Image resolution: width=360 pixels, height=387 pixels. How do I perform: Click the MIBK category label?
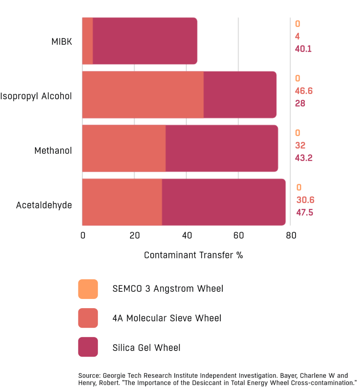(x=62, y=41)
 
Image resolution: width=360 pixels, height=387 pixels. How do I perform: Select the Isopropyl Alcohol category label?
(x=36, y=96)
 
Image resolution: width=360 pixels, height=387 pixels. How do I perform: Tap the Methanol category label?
(x=53, y=151)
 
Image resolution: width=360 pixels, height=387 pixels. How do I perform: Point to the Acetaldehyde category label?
(x=44, y=205)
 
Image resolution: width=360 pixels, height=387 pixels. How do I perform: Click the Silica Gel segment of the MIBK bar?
(x=145, y=41)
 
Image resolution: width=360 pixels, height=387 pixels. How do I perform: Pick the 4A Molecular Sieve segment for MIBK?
(x=87, y=41)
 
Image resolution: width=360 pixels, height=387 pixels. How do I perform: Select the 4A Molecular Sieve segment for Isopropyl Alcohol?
(x=142, y=95)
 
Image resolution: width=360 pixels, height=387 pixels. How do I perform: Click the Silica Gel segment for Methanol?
(x=222, y=148)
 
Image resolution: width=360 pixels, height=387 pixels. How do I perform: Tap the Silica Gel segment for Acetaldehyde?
(x=224, y=202)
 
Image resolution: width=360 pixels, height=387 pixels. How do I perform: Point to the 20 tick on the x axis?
(x=134, y=235)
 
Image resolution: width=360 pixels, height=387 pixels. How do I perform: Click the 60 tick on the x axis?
(x=238, y=235)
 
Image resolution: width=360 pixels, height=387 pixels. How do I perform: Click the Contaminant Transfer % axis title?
(x=193, y=255)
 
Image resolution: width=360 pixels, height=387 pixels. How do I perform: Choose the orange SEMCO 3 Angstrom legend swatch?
(x=88, y=289)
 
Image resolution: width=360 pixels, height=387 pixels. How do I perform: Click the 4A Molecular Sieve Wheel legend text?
(x=166, y=318)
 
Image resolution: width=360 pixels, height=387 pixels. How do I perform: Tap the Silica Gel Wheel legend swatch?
(x=88, y=347)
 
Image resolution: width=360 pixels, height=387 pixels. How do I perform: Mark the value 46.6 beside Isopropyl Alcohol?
(x=304, y=91)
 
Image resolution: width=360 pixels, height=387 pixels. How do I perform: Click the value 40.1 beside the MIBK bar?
(x=304, y=49)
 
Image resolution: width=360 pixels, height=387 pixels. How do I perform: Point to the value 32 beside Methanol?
(x=300, y=145)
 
